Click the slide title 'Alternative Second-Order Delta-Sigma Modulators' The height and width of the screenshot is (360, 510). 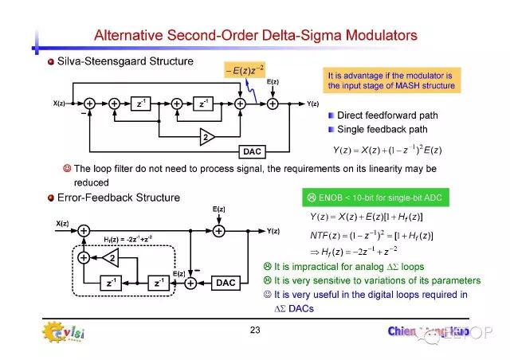tap(255, 35)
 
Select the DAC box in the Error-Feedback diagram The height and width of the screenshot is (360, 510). tap(226, 282)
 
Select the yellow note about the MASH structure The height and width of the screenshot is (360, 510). tap(390, 80)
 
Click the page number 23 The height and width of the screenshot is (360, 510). tap(255, 330)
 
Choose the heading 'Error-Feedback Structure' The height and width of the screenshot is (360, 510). tap(114, 197)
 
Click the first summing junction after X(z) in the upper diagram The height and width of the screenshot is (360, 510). tap(89, 104)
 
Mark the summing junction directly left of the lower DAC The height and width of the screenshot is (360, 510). tap(190, 282)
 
